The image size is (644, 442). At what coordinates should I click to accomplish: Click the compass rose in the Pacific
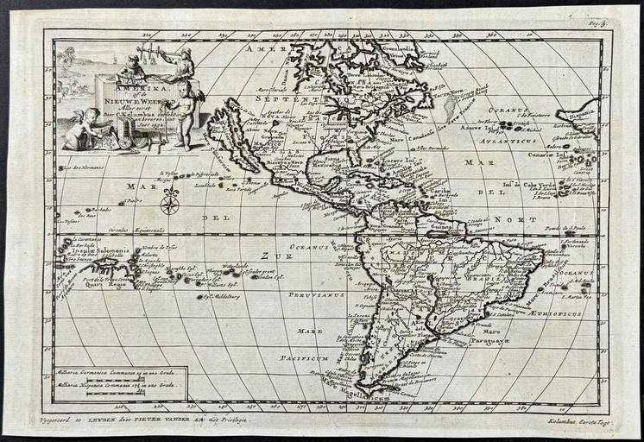[x=170, y=205]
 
